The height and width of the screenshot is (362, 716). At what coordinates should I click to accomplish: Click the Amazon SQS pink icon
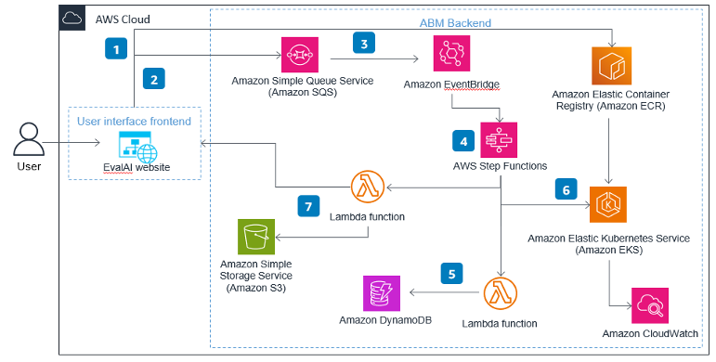point(300,55)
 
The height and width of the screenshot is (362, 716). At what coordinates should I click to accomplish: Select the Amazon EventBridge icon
point(451,55)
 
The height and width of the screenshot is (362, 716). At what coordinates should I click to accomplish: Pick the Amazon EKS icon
point(609,203)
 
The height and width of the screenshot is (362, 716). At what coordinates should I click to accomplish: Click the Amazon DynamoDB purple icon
point(383,296)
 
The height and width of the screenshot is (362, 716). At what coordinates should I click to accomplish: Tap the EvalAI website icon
point(137,145)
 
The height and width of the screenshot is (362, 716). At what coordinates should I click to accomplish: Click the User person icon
point(29,140)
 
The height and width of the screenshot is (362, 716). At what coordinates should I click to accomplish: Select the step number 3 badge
point(364,43)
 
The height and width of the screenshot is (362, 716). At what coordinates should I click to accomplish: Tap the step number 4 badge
point(462,140)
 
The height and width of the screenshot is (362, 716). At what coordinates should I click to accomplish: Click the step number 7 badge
point(309,205)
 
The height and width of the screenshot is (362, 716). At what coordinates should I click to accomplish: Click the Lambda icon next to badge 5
point(500,296)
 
